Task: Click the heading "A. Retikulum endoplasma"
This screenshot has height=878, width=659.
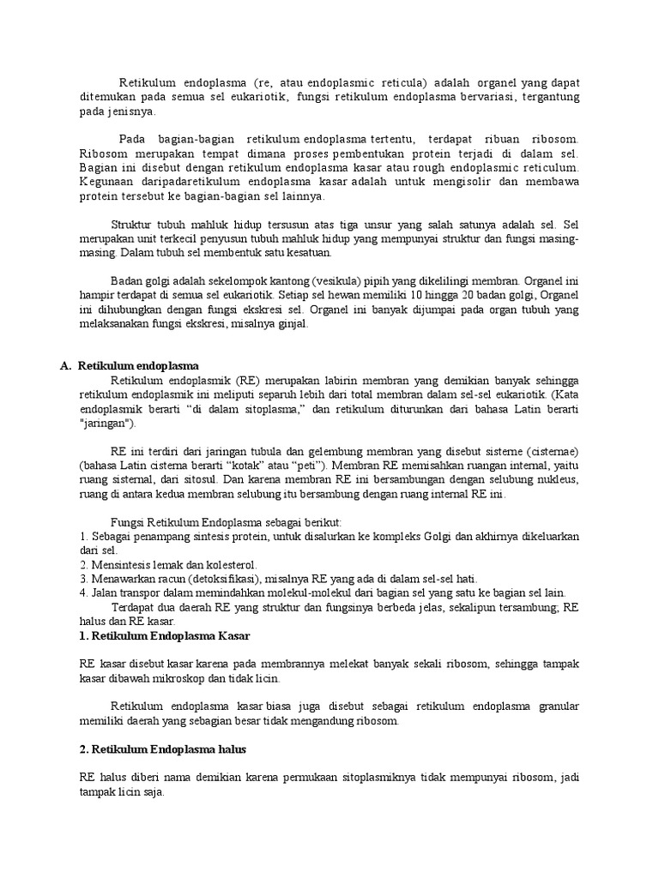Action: click(x=129, y=365)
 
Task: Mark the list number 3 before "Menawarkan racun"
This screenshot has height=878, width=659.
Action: click(x=82, y=579)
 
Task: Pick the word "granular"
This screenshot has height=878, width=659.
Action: click(x=559, y=707)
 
